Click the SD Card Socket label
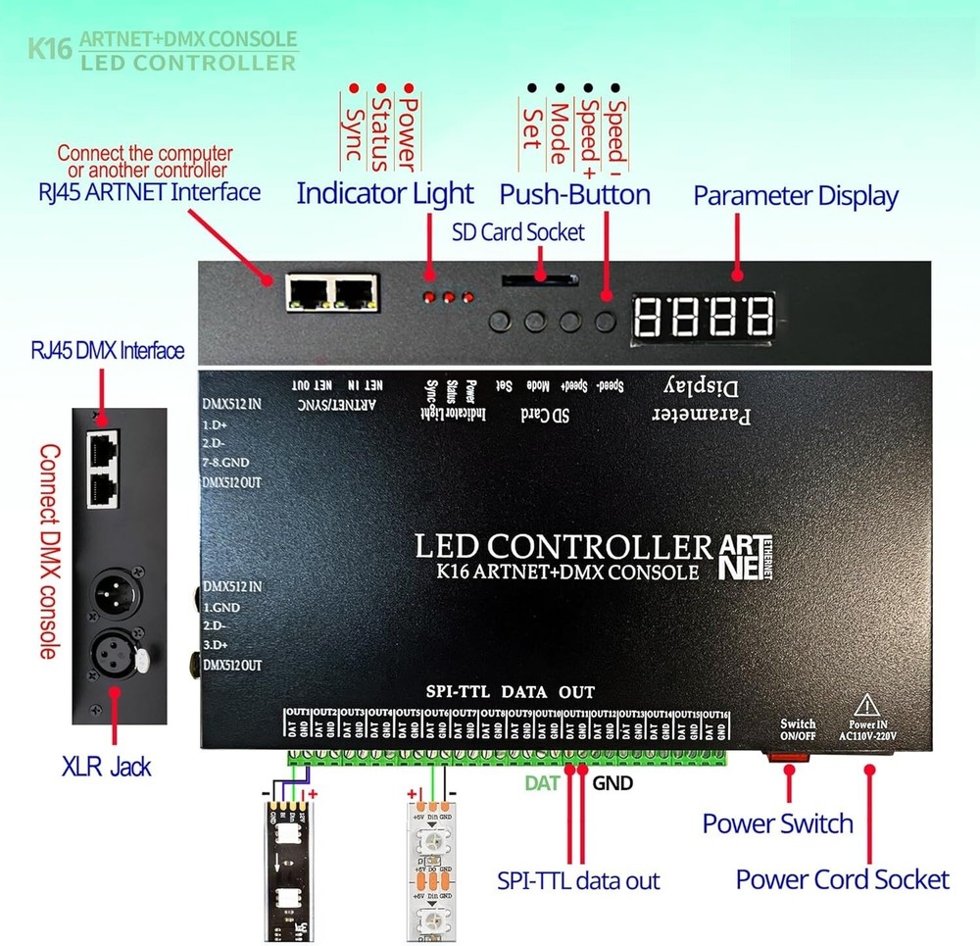coord(517,232)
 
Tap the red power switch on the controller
coord(790,756)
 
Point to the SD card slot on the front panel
coord(538,281)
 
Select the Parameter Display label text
coord(795,195)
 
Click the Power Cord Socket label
coord(842,879)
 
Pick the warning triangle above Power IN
coord(867,705)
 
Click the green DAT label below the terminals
coord(542,783)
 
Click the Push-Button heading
coord(574,194)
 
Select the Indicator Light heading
coord(384,193)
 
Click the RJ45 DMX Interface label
coord(108,351)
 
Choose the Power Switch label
coord(777,823)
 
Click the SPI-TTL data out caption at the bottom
coord(578,881)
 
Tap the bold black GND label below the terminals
coord(612,783)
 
